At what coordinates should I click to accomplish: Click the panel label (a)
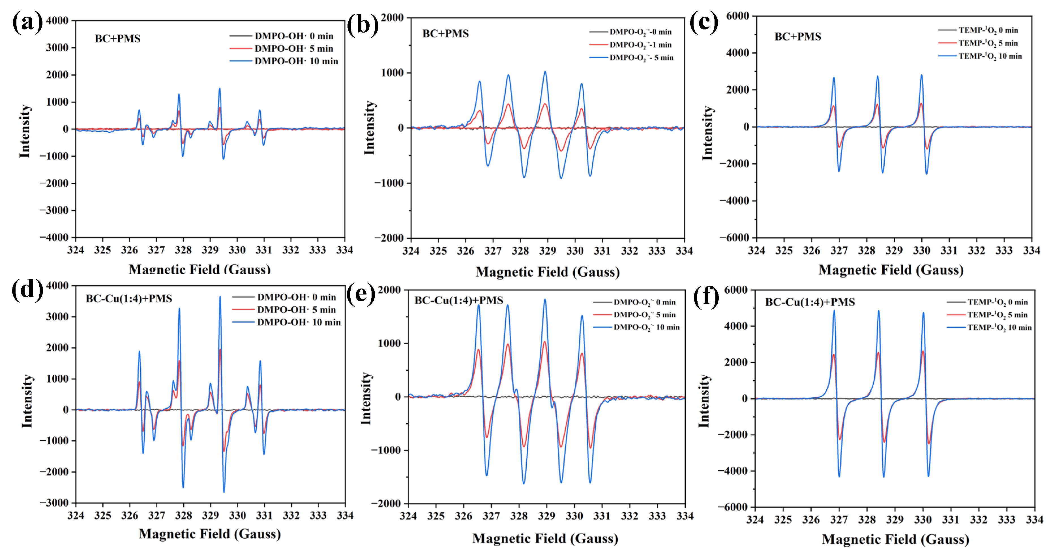pos(27,22)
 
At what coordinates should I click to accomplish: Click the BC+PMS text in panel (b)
pos(445,33)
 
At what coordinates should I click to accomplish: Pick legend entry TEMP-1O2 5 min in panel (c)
pos(988,43)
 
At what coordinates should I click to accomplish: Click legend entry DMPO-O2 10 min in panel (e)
pos(646,327)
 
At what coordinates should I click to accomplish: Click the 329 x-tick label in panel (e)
pos(546,516)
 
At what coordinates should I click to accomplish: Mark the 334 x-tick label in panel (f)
pos(1034,520)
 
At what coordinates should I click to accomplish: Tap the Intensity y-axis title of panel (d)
pos(27,401)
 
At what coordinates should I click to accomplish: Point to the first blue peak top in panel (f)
pos(834,311)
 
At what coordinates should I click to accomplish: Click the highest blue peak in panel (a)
pos(220,89)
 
